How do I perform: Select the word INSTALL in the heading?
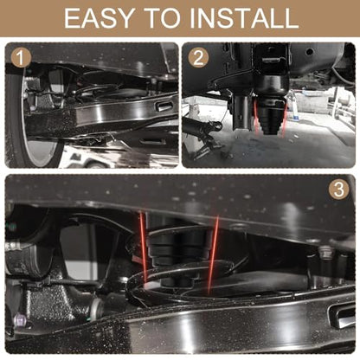click(244, 18)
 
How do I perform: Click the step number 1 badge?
click(21, 58)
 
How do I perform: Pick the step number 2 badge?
click(198, 58)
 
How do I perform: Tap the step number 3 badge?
click(338, 190)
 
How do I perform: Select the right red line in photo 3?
click(213, 254)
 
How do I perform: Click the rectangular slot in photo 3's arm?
click(343, 315)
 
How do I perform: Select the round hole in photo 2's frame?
click(310, 52)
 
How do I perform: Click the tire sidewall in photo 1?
click(16, 115)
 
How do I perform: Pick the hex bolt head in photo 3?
click(325, 250)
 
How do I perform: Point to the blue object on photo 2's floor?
click(297, 118)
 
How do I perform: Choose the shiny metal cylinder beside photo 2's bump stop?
click(241, 112)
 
